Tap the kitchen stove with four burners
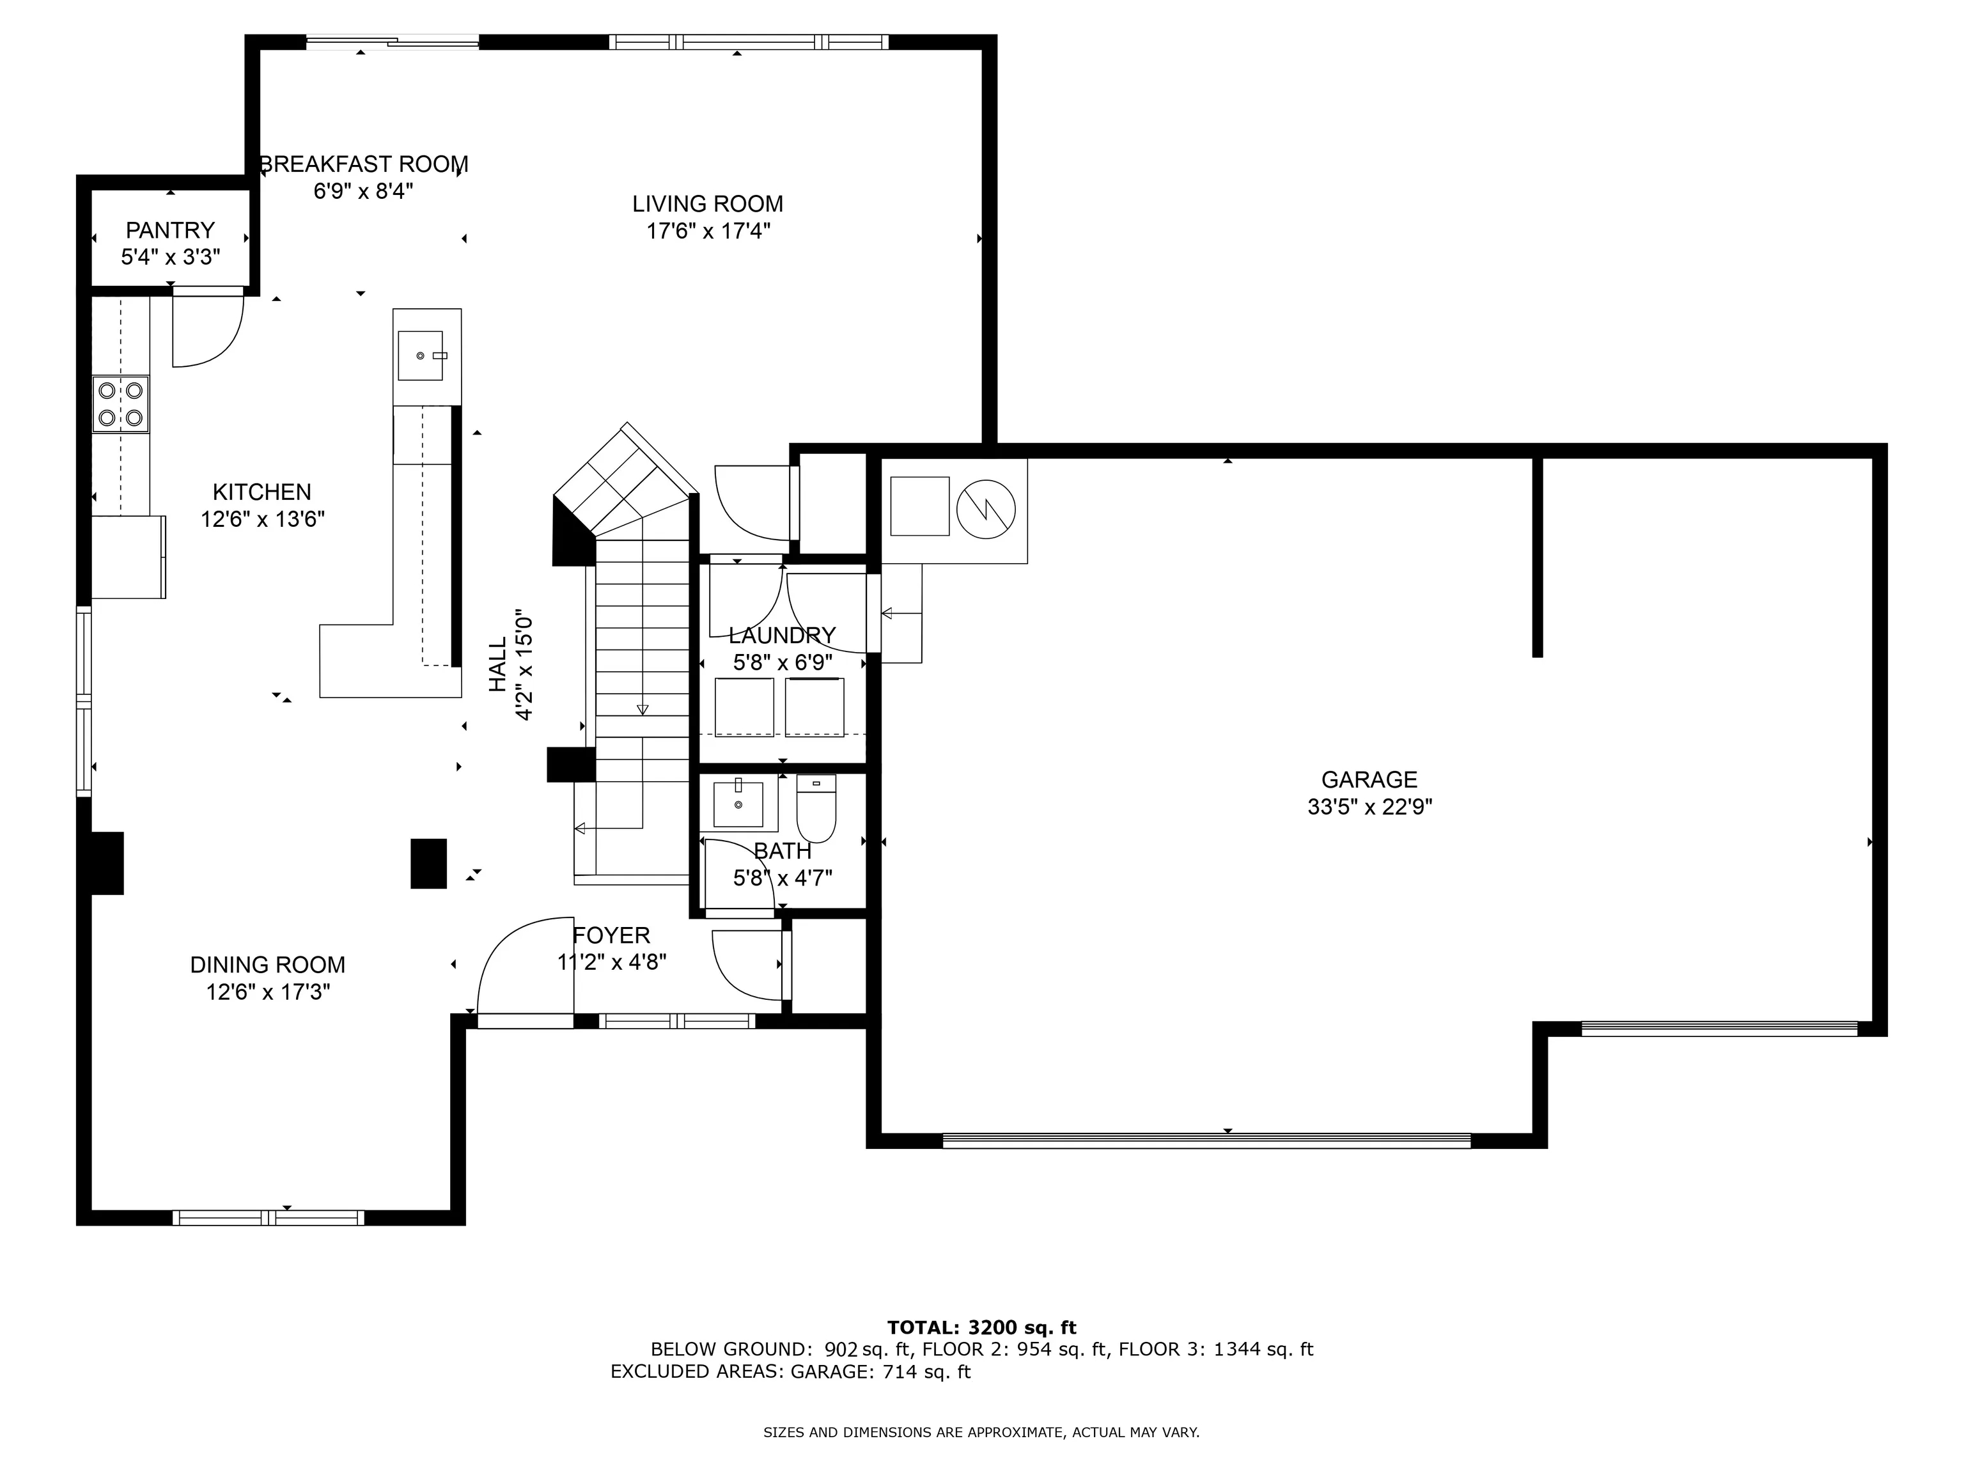(121, 404)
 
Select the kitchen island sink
(421, 355)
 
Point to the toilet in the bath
(816, 808)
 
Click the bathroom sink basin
(738, 804)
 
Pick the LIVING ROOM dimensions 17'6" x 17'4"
(708, 231)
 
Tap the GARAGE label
(1369, 779)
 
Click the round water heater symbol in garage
(986, 509)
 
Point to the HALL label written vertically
(498, 664)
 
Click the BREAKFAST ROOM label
(363, 164)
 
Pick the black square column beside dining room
(428, 863)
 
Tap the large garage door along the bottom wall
(1206, 1141)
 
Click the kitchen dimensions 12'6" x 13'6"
(263, 519)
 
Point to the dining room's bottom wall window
(268, 1217)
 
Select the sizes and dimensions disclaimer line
(981, 1432)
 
